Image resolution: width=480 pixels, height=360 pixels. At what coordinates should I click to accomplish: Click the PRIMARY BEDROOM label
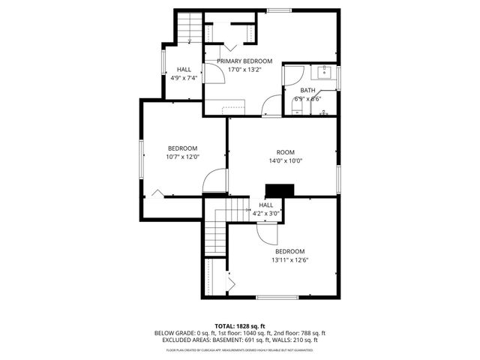[x=244, y=61]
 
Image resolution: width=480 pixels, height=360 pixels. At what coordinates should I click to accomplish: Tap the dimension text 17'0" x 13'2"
[x=244, y=70]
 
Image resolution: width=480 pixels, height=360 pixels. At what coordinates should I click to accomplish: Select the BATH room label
[x=307, y=90]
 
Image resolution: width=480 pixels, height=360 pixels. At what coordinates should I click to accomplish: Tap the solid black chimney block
[x=277, y=191]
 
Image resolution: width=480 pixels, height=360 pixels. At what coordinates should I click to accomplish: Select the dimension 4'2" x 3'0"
[x=266, y=213]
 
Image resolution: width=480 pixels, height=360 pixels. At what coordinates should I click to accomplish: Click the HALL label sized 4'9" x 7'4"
[x=184, y=69]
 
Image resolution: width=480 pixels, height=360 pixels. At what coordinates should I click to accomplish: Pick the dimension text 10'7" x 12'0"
[x=182, y=157]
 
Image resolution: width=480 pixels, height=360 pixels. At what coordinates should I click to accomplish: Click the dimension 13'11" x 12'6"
[x=289, y=260]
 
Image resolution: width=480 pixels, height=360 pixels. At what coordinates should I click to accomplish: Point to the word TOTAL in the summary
[x=225, y=325]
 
